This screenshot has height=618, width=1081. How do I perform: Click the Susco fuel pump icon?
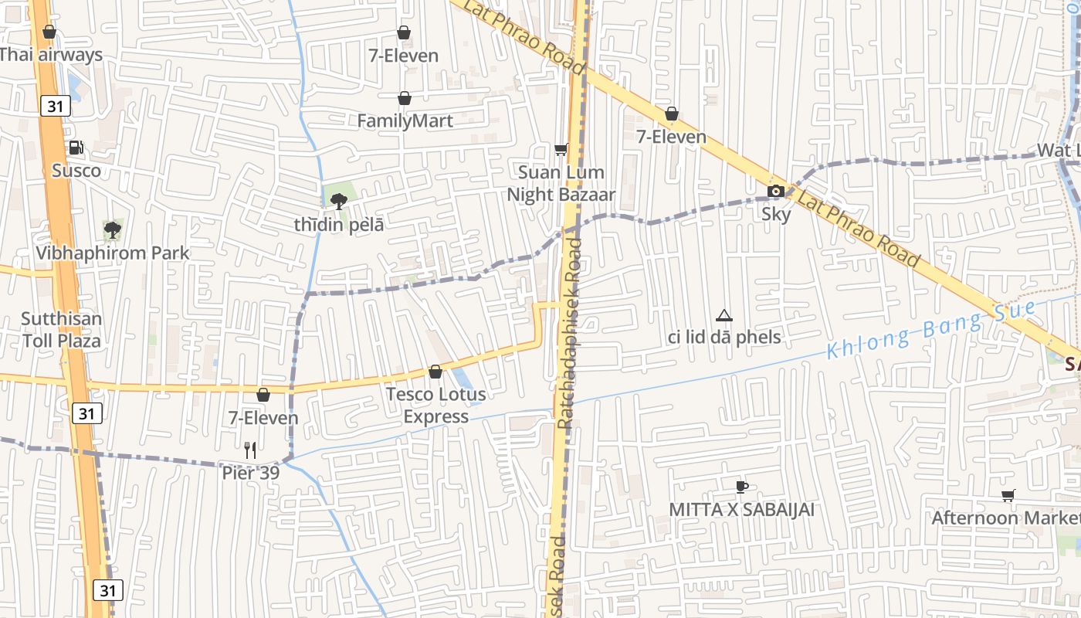click(76, 148)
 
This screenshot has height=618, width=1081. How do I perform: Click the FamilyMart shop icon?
click(404, 98)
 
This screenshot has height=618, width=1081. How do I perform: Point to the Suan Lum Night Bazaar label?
click(561, 183)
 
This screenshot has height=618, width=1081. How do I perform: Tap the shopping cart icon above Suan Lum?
click(561, 149)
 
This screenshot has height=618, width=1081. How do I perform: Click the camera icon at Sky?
click(776, 191)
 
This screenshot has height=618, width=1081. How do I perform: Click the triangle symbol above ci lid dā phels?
click(723, 315)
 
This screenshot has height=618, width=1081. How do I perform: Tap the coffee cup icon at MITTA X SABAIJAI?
click(741, 487)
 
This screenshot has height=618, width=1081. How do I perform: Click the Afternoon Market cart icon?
click(1008, 495)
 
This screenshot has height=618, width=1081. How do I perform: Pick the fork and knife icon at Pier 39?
click(249, 450)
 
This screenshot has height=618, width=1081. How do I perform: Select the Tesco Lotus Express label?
click(436, 406)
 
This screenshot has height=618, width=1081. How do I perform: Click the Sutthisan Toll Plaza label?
click(61, 329)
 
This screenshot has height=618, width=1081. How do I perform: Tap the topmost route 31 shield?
click(55, 106)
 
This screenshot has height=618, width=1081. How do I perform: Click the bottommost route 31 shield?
click(107, 591)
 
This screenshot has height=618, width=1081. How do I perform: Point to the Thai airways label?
click(51, 55)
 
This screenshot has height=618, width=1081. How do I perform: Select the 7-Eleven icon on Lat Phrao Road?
click(672, 114)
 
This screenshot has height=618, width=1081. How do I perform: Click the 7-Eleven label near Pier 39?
click(263, 418)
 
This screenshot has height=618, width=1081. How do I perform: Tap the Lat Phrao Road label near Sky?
click(859, 229)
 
